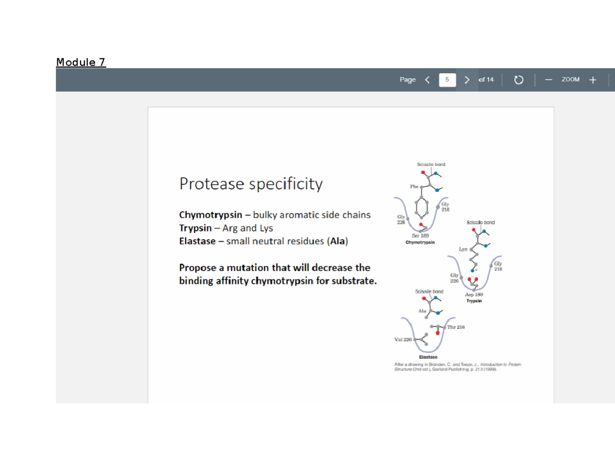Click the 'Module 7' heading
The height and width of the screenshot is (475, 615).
click(x=81, y=63)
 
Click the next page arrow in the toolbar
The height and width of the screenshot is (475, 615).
click(x=466, y=80)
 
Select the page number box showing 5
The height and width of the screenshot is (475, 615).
click(x=447, y=80)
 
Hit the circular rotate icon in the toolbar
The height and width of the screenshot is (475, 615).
click(x=519, y=80)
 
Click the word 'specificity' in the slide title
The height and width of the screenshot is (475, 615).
click(x=286, y=184)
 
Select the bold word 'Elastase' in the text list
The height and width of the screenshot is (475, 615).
click(x=197, y=241)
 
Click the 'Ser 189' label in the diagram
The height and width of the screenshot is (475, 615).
click(x=420, y=236)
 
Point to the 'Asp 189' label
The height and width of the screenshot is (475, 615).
click(x=474, y=295)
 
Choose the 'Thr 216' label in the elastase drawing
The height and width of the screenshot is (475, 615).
click(x=456, y=327)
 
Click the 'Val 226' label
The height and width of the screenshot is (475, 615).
click(x=403, y=339)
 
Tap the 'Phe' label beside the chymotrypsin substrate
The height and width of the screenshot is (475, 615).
click(x=414, y=187)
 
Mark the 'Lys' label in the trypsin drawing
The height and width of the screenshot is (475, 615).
click(x=463, y=249)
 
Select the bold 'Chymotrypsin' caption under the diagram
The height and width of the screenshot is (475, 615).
click(x=420, y=242)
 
